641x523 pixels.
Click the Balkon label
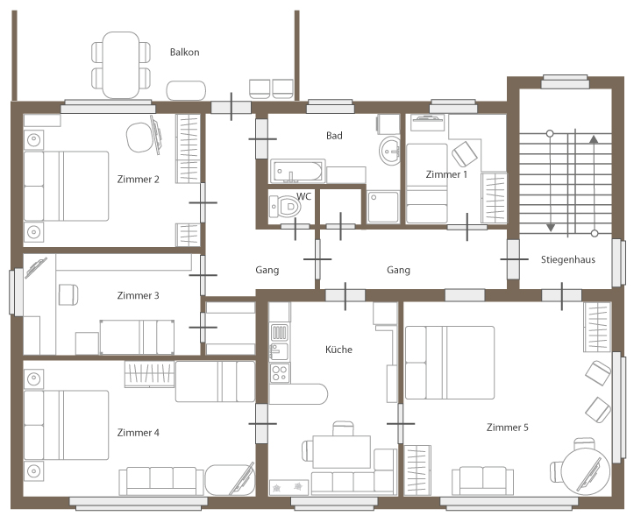click(184, 53)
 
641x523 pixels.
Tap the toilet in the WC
click(284, 206)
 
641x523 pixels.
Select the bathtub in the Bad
click(297, 171)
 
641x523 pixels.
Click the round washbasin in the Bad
click(390, 151)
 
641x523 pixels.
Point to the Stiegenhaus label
click(568, 259)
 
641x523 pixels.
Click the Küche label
click(338, 350)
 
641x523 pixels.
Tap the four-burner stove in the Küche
click(280, 372)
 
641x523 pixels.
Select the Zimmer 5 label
click(507, 428)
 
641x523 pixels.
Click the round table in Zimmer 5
click(586, 471)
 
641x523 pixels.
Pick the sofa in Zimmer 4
click(161, 481)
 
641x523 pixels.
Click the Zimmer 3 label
click(138, 295)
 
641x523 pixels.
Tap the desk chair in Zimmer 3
click(68, 294)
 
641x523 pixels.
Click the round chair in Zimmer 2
click(140, 138)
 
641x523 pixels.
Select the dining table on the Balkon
click(121, 65)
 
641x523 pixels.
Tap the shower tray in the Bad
click(383, 208)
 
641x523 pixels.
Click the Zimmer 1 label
click(446, 174)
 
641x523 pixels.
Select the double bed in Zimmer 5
click(450, 363)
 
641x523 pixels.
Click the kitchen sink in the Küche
click(279, 351)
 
